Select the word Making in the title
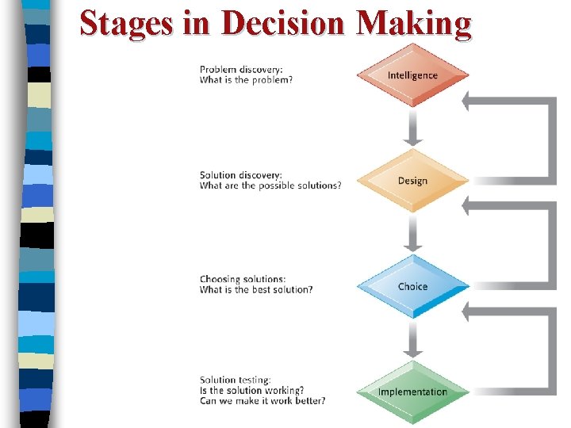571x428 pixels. click(414, 23)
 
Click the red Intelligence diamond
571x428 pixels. click(412, 75)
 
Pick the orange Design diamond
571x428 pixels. click(412, 181)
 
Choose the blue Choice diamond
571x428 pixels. click(412, 286)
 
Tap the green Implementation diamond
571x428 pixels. click(412, 392)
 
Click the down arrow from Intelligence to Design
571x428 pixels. click(412, 128)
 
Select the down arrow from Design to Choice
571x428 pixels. click(412, 233)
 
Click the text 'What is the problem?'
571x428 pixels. click(246, 79)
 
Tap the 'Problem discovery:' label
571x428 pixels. click(240, 69)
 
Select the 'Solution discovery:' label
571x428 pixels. click(240, 175)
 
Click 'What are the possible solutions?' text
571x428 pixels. click(270, 185)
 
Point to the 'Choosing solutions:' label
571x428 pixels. click(242, 279)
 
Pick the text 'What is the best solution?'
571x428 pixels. click(256, 289)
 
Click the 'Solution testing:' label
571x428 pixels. click(236, 380)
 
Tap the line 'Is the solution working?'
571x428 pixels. click(251, 390)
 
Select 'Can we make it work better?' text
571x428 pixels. click(263, 400)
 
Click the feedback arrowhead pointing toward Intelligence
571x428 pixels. click(469, 101)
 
